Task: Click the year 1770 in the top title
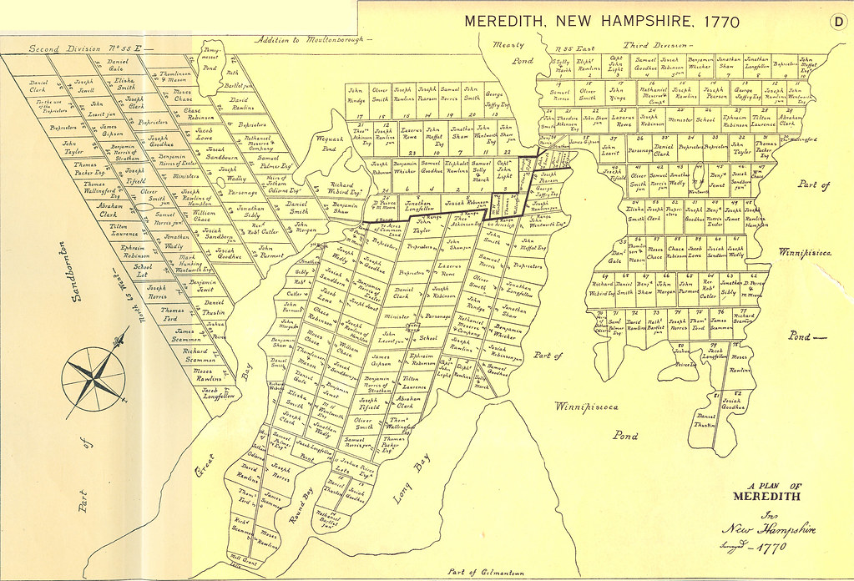[711, 22]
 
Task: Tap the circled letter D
[837, 23]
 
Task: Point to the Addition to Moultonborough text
[309, 40]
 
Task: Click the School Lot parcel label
[143, 268]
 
